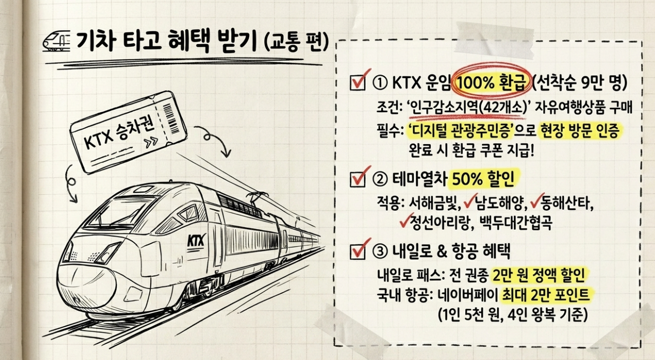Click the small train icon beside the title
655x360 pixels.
click(56, 41)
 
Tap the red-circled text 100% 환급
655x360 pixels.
click(490, 82)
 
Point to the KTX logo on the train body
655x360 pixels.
click(194, 239)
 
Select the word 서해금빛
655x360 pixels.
click(431, 204)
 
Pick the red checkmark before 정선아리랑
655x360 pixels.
click(404, 221)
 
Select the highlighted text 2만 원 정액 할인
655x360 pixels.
click(538, 275)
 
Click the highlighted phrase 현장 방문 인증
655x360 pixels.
click(581, 132)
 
